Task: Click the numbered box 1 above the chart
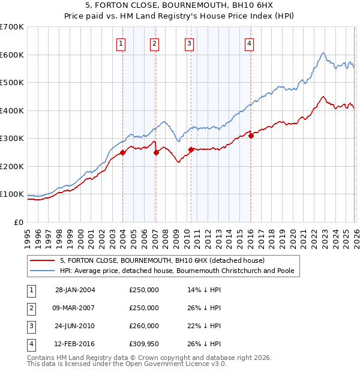tap(121, 43)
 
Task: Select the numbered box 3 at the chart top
tap(189, 43)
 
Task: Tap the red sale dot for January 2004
tap(122, 152)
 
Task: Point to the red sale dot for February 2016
tap(251, 136)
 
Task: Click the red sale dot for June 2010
tap(191, 149)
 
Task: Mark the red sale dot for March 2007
tap(156, 152)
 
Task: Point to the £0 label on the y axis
tap(19, 222)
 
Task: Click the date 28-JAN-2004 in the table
tap(75, 290)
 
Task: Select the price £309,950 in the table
tap(144, 344)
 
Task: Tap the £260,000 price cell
tap(144, 326)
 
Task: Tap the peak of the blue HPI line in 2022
tap(323, 53)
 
